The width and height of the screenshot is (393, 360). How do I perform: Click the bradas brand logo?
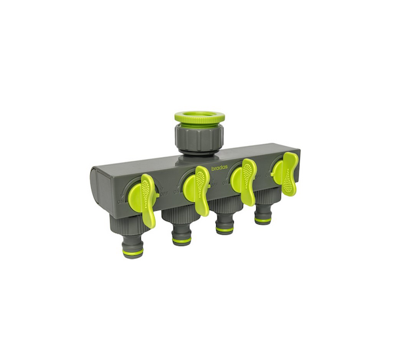(x=219, y=168)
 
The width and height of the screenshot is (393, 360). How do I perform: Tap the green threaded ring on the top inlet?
(x=200, y=118)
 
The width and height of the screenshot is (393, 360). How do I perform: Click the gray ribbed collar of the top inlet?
(x=199, y=138)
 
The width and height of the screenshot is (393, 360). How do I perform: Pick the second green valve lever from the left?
(x=197, y=189)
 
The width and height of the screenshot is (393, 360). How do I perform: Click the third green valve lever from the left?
(x=244, y=181)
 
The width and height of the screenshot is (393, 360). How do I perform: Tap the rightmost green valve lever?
(x=286, y=173)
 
